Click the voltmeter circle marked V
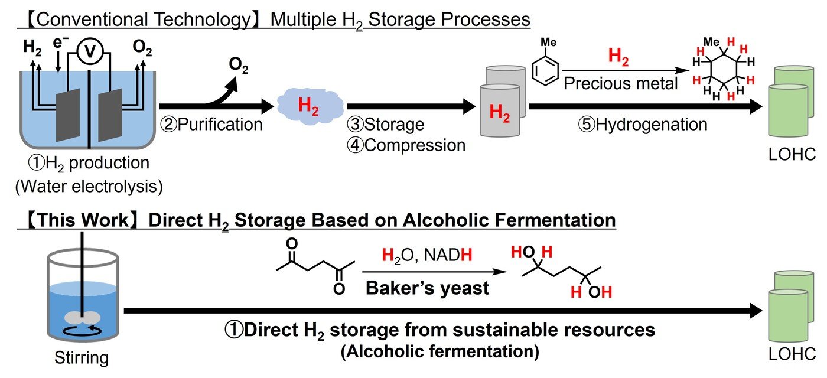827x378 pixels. pos(90,51)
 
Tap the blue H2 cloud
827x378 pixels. pos(310,106)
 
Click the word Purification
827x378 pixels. pos(220,125)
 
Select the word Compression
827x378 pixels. pos(415,145)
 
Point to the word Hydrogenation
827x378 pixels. pos(651,125)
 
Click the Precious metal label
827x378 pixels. pos(621,83)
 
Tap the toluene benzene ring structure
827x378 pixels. pos(545,70)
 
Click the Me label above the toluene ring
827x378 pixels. pos(549,42)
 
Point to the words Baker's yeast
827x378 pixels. pos(427,288)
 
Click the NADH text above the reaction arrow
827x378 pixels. pos(448,255)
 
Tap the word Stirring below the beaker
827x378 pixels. pos(82,357)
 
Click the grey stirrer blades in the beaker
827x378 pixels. pos(82,318)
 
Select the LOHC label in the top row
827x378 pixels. pos(792,154)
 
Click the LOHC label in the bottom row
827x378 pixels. pos(792,354)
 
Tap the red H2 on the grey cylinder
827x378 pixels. pos(500,112)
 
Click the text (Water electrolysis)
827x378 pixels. pos(89,187)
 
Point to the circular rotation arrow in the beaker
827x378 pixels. pos(82,331)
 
